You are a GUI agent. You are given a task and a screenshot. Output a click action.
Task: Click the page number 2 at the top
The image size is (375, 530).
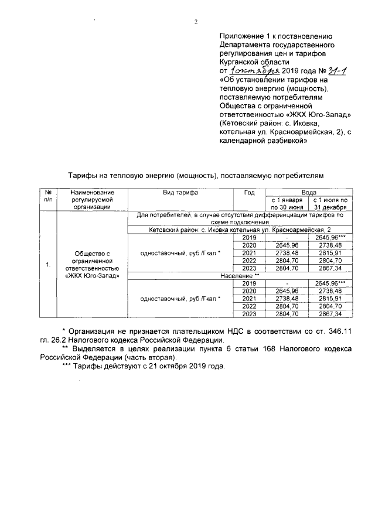pos(196,23)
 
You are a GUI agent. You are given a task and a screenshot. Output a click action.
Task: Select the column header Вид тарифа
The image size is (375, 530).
pos(180,192)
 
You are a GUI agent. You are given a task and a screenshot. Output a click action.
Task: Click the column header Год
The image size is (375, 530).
pos(249,192)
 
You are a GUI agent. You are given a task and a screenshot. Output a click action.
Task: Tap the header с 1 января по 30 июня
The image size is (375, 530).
pos(287,203)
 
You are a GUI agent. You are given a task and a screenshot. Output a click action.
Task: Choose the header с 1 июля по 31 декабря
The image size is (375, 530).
pos(332,203)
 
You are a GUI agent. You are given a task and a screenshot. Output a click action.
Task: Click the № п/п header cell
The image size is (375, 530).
pos(47,196)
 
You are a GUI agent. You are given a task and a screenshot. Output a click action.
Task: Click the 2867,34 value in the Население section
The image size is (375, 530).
pos(332,314)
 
